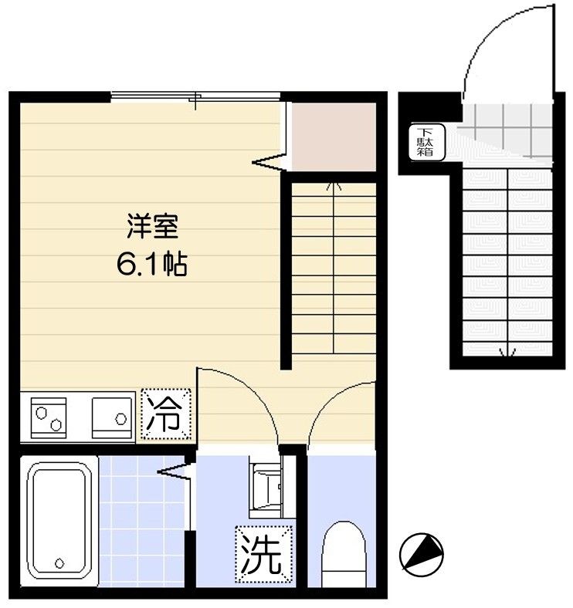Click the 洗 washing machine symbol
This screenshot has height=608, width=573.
coord(263,553)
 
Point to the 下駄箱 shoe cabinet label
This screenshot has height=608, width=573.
coord(426,141)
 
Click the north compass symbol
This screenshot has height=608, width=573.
coord(422,552)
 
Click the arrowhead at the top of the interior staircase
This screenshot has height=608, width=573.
coord(333,185)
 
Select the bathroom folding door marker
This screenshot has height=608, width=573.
coord(177,469)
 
